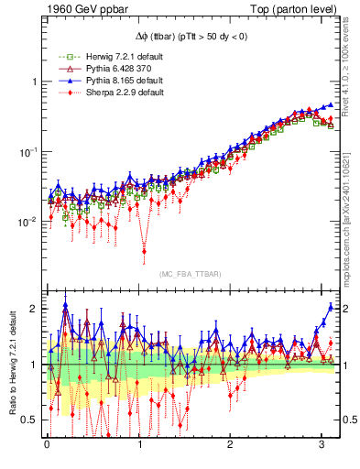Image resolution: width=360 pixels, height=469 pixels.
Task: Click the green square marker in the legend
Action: click(63, 57)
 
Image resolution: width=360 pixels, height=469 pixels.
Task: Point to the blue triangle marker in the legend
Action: click(63, 81)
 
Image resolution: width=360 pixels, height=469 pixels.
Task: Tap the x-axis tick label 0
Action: click(48, 446)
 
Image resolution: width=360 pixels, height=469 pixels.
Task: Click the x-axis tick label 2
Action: click(232, 446)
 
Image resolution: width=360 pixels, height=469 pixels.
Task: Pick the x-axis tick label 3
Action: click(323, 446)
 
